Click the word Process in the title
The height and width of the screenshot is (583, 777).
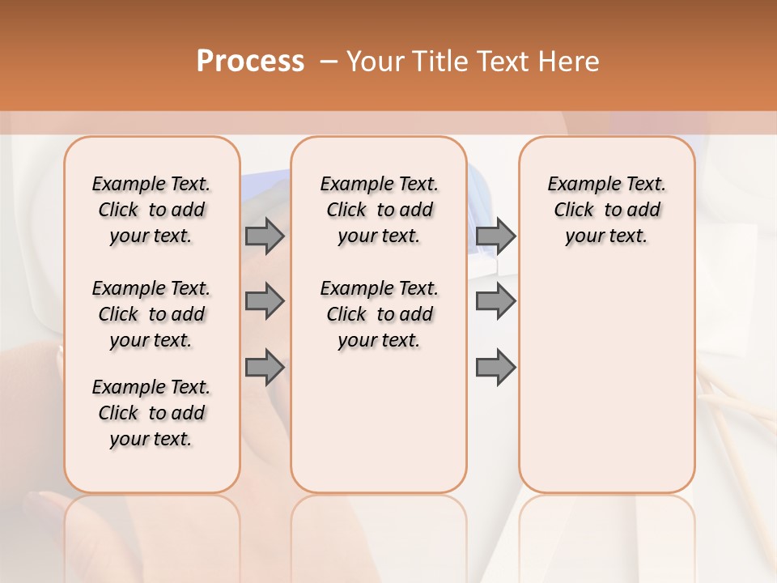pos(250,61)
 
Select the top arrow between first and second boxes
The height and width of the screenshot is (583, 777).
pos(265,236)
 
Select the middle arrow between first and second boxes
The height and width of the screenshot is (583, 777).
pos(265,301)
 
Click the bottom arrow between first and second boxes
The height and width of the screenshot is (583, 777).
pos(265,368)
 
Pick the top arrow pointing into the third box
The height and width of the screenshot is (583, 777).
pos(495,236)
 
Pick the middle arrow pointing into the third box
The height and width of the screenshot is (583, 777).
pos(495,301)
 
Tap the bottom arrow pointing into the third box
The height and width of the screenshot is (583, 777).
pos(495,368)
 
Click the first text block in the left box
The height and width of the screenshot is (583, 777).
pos(151,210)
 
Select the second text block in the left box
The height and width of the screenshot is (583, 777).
pos(151,314)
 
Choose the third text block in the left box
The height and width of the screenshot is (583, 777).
pos(151,413)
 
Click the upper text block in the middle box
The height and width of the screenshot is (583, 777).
pos(379,210)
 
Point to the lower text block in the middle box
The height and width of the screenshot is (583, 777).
pos(379,314)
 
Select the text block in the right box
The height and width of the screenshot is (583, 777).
pos(606,210)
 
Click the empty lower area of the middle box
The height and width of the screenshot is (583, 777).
pos(379,421)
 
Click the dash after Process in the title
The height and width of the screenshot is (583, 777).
pos(329,62)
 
